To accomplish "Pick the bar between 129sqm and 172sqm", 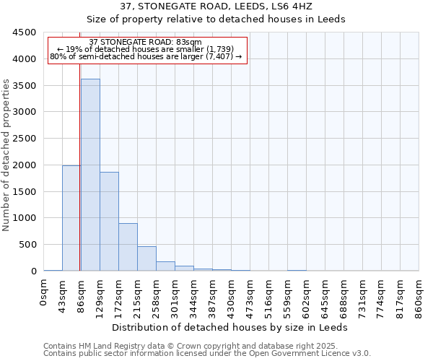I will click(109, 221).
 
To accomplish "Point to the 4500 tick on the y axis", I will click(25, 32).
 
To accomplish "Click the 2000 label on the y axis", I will click(25, 165).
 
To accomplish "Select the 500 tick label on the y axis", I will click(27, 245).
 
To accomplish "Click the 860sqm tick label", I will click(419, 297).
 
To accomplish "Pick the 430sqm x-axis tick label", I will click(232, 297).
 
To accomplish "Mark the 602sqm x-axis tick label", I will click(307, 297).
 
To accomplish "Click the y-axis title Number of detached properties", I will click(7, 155).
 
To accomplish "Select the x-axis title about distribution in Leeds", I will click(231, 327).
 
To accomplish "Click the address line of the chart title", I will click(231, 6).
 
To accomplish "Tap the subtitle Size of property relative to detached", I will click(231, 19).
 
